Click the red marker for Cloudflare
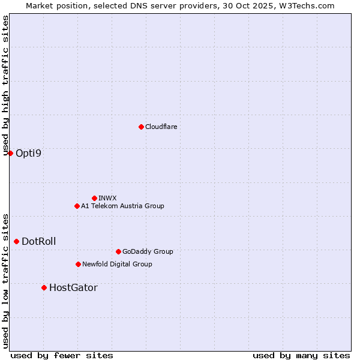click(x=141, y=127)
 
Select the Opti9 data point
click(x=10, y=153)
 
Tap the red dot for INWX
click(x=94, y=198)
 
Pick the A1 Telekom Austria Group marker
click(x=77, y=206)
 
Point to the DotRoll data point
click(x=16, y=241)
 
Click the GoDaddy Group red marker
click(x=118, y=251)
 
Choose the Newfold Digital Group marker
click(x=78, y=264)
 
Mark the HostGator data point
click(x=44, y=287)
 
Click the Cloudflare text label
click(x=161, y=127)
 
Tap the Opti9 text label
click(x=29, y=153)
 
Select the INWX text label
click(x=107, y=198)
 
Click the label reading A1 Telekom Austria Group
click(x=122, y=206)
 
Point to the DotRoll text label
click(x=39, y=241)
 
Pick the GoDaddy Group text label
click(x=148, y=251)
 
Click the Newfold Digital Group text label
click(x=117, y=264)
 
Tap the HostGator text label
click(x=73, y=287)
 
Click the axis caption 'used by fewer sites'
click(x=62, y=355)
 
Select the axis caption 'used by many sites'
click(x=301, y=355)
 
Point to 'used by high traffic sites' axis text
click(x=5, y=86)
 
